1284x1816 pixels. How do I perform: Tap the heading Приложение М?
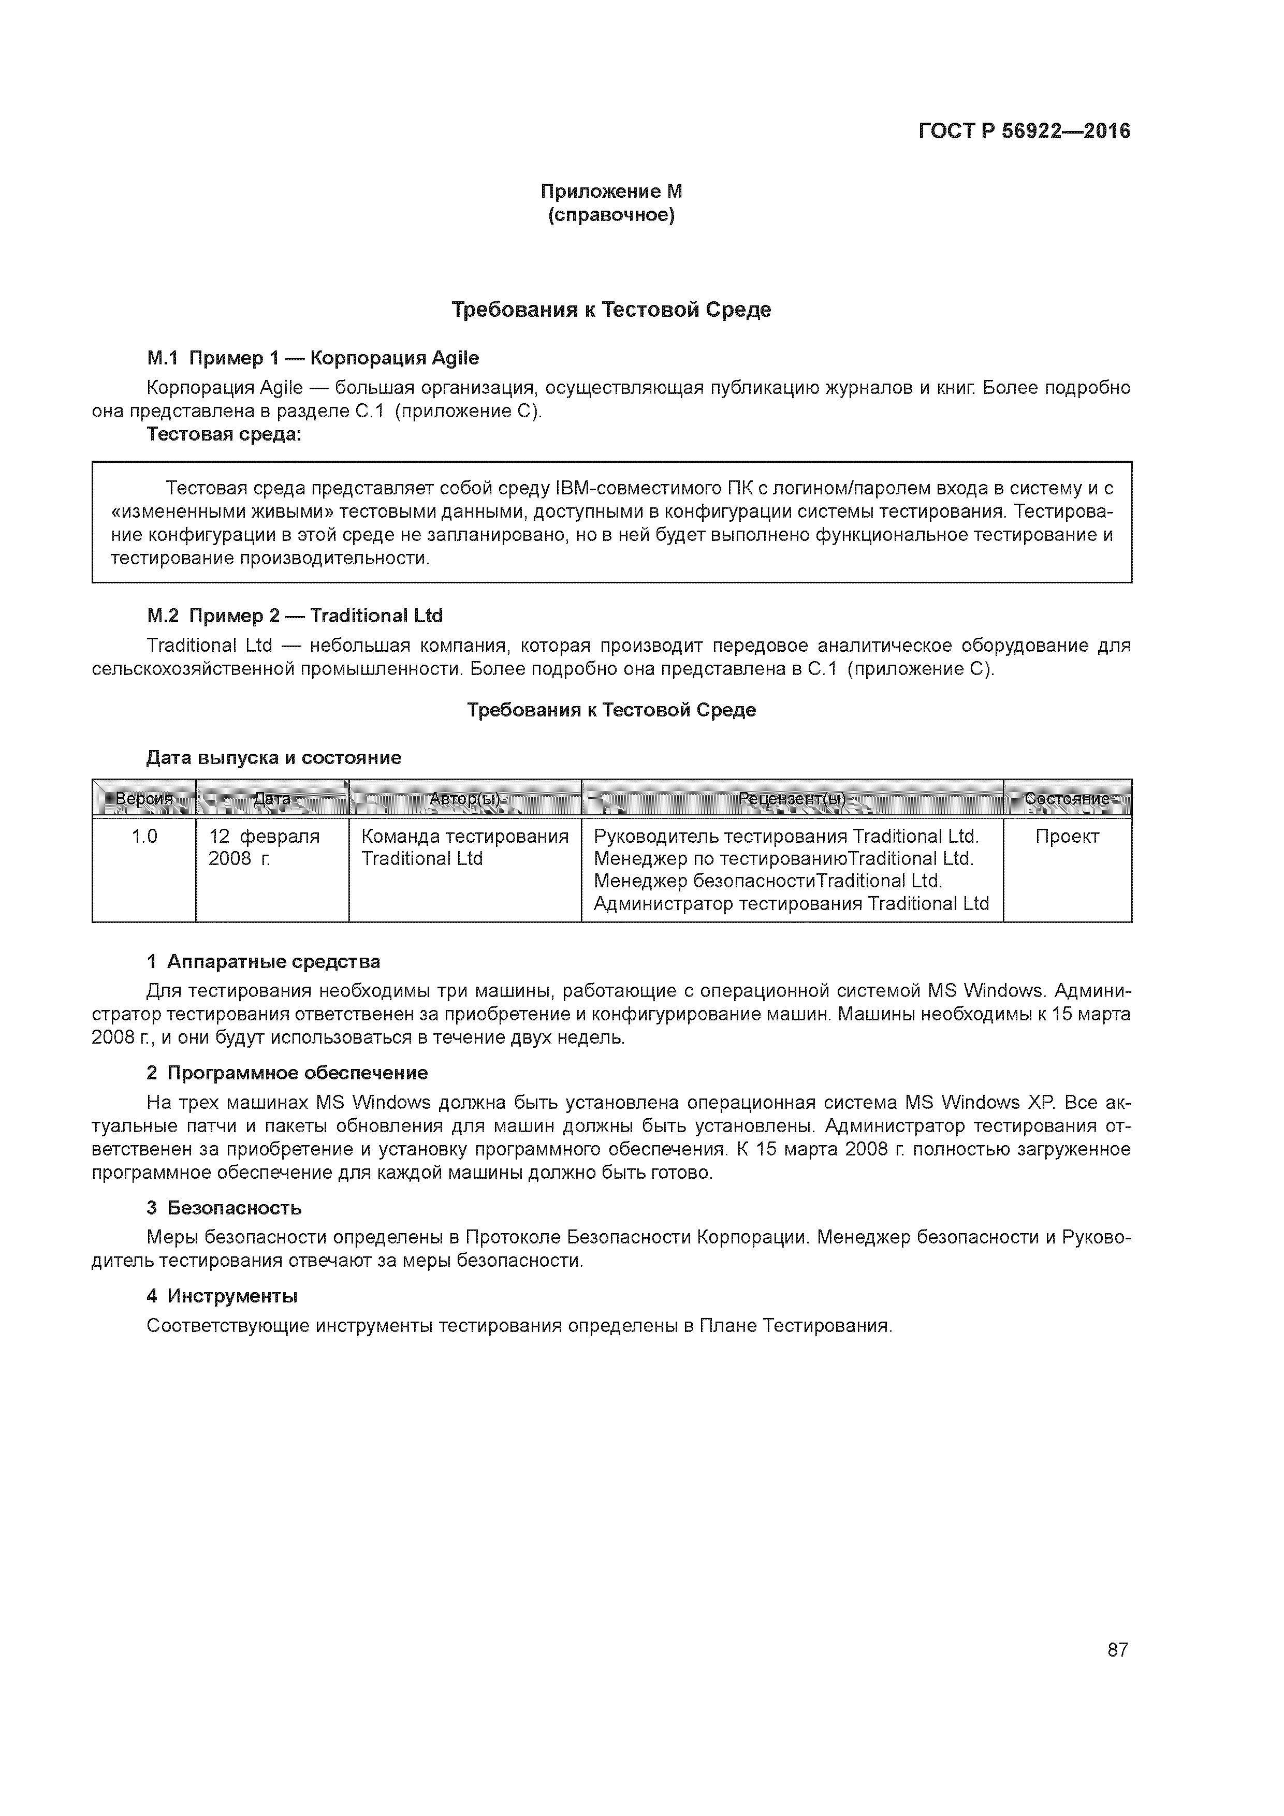(611, 192)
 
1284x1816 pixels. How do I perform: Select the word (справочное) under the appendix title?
(611, 215)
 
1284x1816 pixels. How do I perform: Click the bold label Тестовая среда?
(224, 434)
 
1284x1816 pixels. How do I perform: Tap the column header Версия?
(144, 799)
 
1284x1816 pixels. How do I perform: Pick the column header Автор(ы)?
(464, 799)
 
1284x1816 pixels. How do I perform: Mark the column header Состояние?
(1067, 799)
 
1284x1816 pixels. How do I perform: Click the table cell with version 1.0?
(144, 837)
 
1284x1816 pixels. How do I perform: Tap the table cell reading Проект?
(1067, 837)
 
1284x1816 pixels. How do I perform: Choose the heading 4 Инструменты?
(222, 1296)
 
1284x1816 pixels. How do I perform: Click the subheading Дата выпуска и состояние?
(274, 758)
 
